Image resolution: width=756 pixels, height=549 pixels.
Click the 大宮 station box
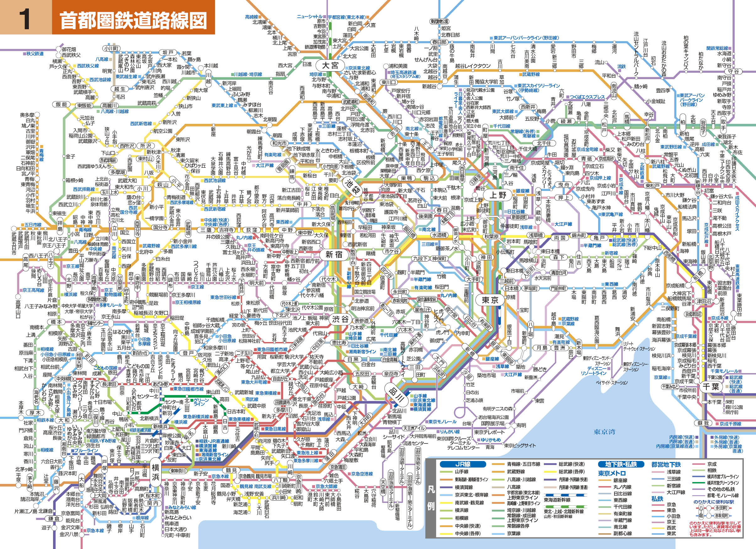(x=330, y=65)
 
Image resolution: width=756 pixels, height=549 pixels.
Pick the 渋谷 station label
(x=340, y=319)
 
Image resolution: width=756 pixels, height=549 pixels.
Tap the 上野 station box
(x=498, y=195)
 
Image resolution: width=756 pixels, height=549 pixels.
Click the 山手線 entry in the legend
(x=461, y=472)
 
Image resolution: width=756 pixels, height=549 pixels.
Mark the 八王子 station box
(x=50, y=259)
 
